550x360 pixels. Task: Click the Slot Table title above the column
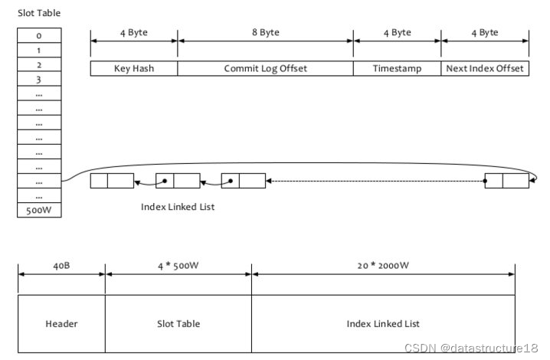39,13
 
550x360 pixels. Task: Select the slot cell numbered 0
39,35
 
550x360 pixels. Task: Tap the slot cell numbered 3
39,79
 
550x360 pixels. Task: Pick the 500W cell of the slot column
39,210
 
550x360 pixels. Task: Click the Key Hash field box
134,68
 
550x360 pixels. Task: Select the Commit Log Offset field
265,68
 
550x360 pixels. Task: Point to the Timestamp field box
397,68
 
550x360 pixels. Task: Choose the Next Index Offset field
485,68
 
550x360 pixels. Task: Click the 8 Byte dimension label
265,32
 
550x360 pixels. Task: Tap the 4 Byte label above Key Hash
134,32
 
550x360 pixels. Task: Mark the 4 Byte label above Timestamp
397,32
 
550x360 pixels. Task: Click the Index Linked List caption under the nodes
178,207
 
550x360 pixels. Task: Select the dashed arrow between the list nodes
375,182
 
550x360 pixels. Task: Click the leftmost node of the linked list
112,182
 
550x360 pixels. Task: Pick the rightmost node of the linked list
506,182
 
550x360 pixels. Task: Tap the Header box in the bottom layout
61,323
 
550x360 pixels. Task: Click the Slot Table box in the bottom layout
178,323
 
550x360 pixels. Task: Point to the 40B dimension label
61,267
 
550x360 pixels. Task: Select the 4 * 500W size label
178,267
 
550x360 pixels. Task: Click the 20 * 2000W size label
383,267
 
